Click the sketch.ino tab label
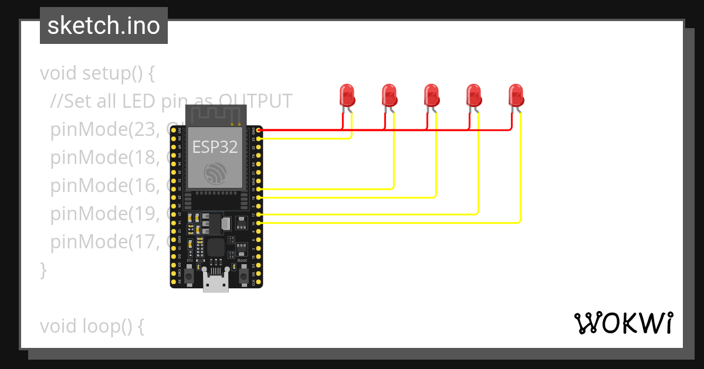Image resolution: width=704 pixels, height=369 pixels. click(103, 26)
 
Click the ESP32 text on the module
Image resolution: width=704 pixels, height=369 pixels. click(215, 147)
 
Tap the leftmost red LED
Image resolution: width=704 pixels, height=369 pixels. click(347, 95)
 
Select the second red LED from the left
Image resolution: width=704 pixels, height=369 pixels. click(389, 95)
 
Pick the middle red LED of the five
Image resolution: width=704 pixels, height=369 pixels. click(431, 95)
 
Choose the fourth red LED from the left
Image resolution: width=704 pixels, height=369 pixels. click(473, 95)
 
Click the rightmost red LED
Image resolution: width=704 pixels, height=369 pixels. click(516, 95)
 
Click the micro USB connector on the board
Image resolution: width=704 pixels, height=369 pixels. click(216, 283)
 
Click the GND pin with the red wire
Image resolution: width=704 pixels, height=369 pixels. click(259, 129)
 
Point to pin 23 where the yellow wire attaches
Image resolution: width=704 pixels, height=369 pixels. click(259, 139)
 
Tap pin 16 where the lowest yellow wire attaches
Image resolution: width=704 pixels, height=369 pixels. click(259, 223)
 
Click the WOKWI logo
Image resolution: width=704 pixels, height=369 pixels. click(623, 323)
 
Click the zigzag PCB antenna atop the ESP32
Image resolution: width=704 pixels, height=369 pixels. click(215, 115)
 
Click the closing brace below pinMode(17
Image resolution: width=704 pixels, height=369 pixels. click(43, 270)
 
